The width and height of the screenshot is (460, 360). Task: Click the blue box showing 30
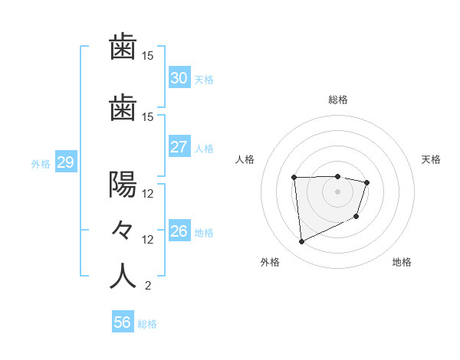pyautogui.click(x=179, y=78)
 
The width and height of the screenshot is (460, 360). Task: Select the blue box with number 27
pyautogui.click(x=179, y=147)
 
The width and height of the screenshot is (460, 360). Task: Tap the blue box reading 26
pyautogui.click(x=179, y=231)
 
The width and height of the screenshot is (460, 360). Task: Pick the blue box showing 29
pyautogui.click(x=65, y=162)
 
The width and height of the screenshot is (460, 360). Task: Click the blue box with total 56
pyautogui.click(x=122, y=322)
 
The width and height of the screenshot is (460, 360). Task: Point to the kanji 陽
pyautogui.click(x=123, y=185)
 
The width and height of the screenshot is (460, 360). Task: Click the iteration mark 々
pyautogui.click(x=123, y=231)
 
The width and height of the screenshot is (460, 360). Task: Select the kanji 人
pyautogui.click(x=123, y=277)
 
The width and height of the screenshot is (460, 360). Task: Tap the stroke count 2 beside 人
pyautogui.click(x=147, y=286)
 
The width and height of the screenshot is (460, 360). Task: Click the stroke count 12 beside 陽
pyautogui.click(x=148, y=194)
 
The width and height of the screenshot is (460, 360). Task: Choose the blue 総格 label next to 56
pyautogui.click(x=147, y=324)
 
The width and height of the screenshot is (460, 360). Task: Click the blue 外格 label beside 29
pyautogui.click(x=40, y=163)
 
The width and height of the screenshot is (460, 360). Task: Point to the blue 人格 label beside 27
pyautogui.click(x=205, y=148)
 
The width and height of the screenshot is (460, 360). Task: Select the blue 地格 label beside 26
pyautogui.click(x=205, y=232)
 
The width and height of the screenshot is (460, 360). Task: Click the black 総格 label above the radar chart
pyautogui.click(x=338, y=100)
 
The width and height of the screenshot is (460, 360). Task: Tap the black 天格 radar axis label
pyautogui.click(x=431, y=159)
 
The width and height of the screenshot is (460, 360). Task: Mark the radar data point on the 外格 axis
pyautogui.click(x=301, y=242)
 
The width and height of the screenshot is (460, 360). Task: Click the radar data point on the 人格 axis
pyautogui.click(x=294, y=178)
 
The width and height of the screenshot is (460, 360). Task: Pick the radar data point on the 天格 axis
pyautogui.click(x=367, y=182)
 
